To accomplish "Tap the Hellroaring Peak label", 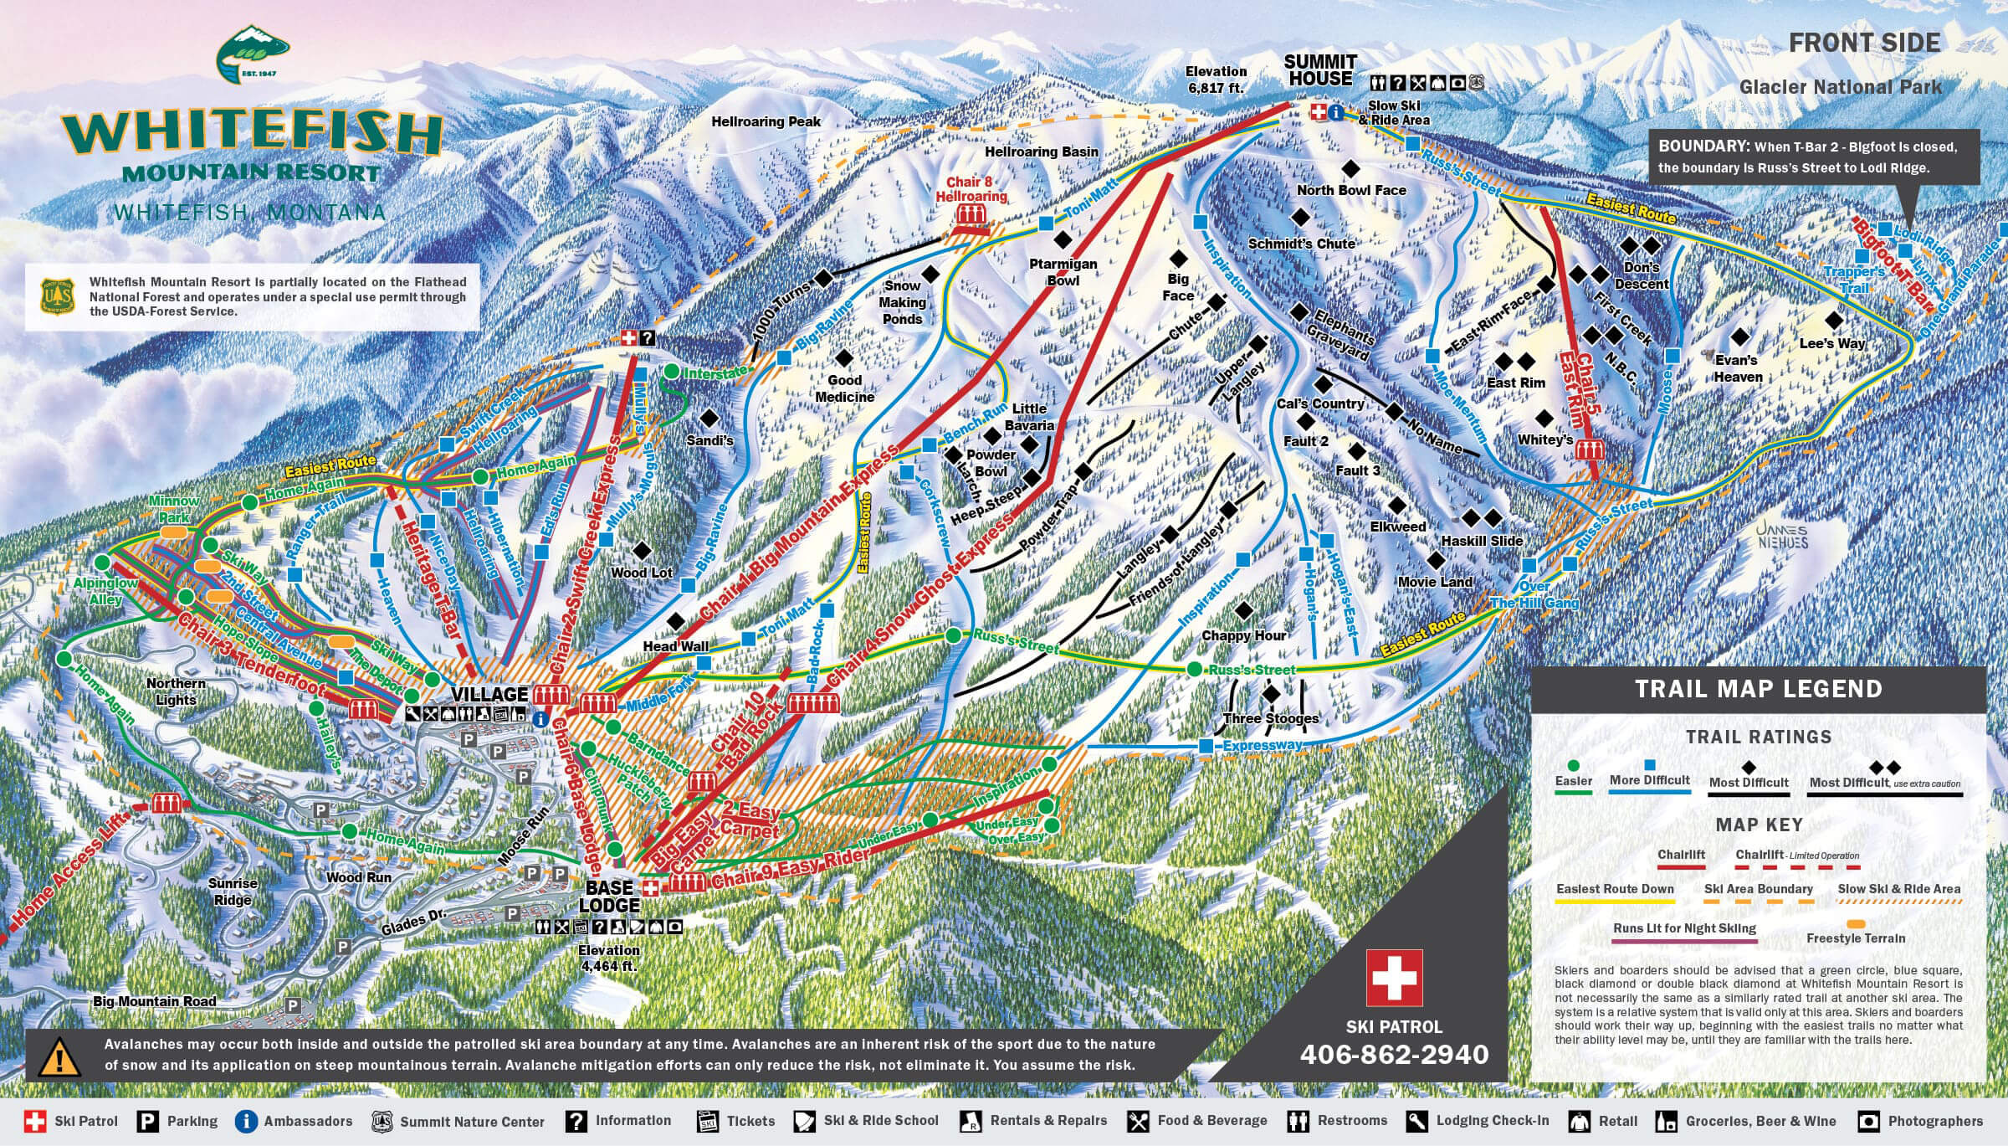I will [x=766, y=121].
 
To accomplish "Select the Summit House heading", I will [x=1319, y=70].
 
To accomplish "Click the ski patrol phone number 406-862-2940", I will [x=1394, y=1054].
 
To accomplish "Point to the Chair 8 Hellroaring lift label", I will [x=971, y=189].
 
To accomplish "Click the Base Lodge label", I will [x=609, y=897].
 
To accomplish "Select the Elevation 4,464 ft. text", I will [x=608, y=958].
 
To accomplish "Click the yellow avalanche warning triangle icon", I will [x=59, y=1057].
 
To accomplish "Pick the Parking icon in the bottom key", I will [x=148, y=1121].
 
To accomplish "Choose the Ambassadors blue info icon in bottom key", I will [x=246, y=1121].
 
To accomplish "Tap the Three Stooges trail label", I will [x=1270, y=718].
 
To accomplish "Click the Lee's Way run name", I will [x=1831, y=343].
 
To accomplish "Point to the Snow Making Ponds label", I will [x=902, y=302].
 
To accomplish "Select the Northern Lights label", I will [x=176, y=691].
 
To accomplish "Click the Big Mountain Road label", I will [x=154, y=1001].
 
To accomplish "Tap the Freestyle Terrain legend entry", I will [x=1855, y=938].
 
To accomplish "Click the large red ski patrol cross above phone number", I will [x=1394, y=978].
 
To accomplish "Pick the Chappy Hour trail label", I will [x=1243, y=635].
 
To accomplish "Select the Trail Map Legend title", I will [x=1758, y=689].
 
